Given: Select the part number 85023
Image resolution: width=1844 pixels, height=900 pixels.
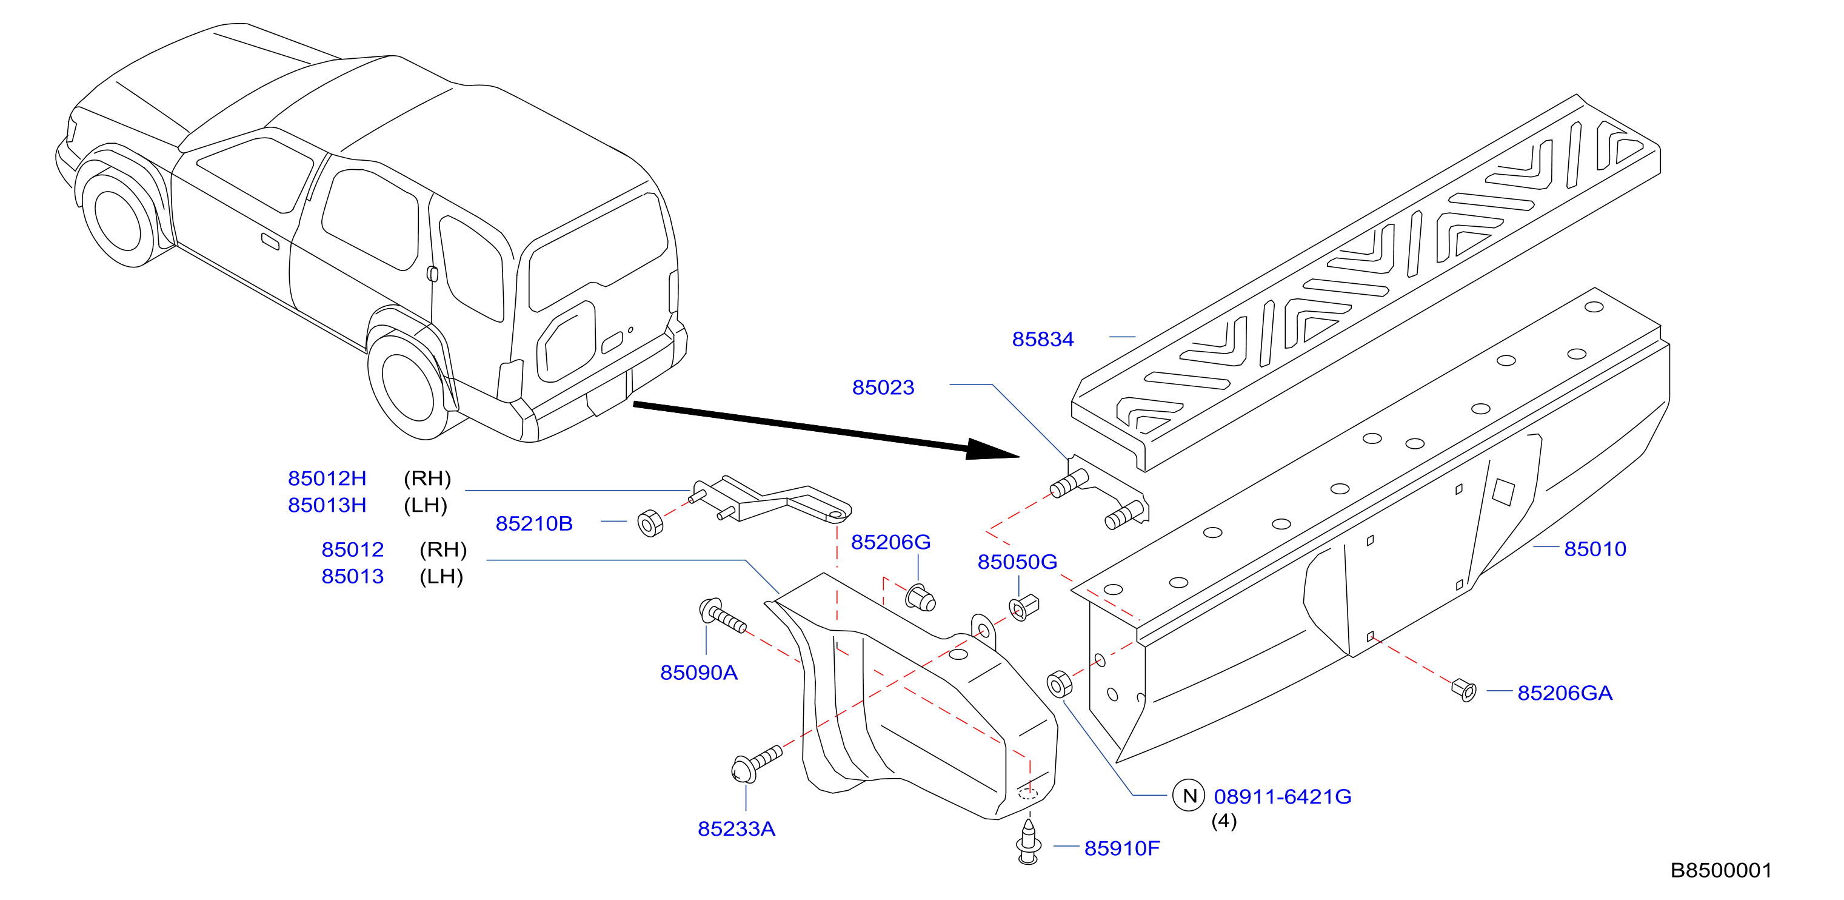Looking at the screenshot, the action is (883, 388).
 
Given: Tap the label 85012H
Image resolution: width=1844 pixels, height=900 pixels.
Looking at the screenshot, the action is (327, 479).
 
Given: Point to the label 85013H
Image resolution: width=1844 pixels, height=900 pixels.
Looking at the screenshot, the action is (327, 505).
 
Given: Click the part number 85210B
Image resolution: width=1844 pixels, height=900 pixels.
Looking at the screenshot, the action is (534, 524).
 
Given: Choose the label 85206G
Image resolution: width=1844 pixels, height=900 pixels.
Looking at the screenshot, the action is (890, 543).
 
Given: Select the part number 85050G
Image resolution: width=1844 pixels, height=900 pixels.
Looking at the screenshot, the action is (1017, 562).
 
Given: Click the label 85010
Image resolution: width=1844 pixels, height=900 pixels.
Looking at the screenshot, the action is (1595, 549).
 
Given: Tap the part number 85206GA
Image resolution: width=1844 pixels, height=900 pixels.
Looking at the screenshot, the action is (1565, 693).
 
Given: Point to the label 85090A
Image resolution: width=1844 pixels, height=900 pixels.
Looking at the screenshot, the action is (699, 673).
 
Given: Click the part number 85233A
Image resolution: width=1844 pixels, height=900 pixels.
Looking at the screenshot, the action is (737, 829).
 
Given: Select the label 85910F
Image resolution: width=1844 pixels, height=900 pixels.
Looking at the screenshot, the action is (1121, 848).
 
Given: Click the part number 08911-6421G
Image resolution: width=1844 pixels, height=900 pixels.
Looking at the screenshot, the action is (1283, 797).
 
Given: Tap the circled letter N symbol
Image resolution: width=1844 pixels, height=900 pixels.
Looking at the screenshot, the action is (1189, 796).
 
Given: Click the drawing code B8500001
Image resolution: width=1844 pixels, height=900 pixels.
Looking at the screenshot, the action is (1722, 871).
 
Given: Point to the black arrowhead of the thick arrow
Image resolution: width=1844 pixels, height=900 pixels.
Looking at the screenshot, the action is (992, 449).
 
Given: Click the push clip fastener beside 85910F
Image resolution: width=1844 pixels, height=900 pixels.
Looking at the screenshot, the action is (1029, 843).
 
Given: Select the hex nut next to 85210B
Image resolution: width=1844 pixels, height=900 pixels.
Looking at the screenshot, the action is (650, 523).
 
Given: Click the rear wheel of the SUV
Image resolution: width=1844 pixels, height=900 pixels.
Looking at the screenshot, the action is (407, 388).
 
